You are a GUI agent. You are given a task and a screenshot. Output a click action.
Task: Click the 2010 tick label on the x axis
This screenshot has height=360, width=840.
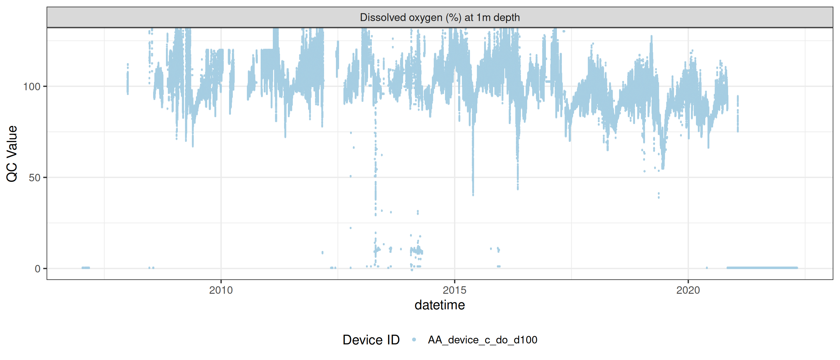pyautogui.click(x=221, y=290)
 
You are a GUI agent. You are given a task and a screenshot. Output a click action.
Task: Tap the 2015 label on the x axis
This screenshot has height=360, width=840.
pyautogui.click(x=454, y=290)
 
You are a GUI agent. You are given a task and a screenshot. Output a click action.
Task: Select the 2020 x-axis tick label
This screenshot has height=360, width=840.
pyautogui.click(x=688, y=290)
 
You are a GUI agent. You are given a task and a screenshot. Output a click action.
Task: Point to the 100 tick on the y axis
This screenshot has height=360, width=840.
pyautogui.click(x=32, y=87)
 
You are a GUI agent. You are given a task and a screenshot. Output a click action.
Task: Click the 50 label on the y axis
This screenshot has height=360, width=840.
pyautogui.click(x=34, y=178)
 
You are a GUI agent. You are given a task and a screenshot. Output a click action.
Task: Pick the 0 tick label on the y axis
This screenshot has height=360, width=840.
pyautogui.click(x=37, y=269)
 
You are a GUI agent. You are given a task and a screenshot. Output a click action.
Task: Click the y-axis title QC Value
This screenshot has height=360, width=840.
pyautogui.click(x=12, y=153)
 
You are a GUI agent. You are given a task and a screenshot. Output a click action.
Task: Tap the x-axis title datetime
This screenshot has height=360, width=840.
pyautogui.click(x=440, y=305)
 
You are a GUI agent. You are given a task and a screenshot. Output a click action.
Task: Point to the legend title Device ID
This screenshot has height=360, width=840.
pyautogui.click(x=371, y=340)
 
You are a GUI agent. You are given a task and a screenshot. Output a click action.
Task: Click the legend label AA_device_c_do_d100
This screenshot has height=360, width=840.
pyautogui.click(x=482, y=340)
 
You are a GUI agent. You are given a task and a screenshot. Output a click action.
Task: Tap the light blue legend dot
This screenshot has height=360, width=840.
pyautogui.click(x=414, y=340)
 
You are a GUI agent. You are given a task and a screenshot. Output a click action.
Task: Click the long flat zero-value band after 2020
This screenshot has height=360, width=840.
pyautogui.click(x=762, y=268)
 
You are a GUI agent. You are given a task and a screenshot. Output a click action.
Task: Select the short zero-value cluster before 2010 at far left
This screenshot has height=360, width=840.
pyautogui.click(x=85, y=268)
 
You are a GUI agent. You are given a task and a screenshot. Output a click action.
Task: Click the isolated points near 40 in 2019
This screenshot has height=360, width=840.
pyautogui.click(x=659, y=195)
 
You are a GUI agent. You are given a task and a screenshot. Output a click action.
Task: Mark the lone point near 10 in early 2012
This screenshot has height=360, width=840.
pyautogui.click(x=322, y=252)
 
